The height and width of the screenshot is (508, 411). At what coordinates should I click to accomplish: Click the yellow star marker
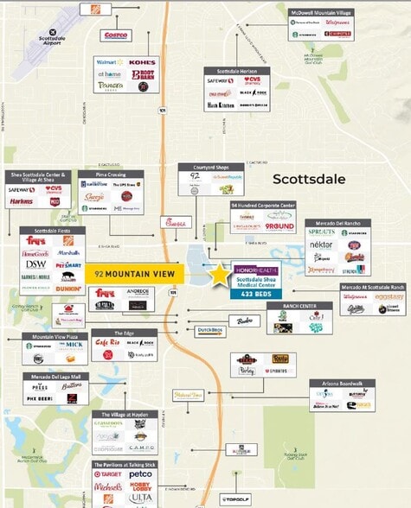click(x=221, y=275)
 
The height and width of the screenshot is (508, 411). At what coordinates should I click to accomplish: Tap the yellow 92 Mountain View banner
click(x=136, y=273)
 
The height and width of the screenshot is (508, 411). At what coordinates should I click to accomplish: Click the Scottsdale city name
click(x=309, y=180)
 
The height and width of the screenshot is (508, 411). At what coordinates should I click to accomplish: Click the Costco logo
click(x=116, y=35)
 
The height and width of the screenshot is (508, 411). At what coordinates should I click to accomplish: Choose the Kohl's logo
click(x=144, y=63)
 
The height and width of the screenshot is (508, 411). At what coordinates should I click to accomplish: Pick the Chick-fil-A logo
click(x=177, y=222)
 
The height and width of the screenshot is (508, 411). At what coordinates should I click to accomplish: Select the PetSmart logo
click(x=69, y=266)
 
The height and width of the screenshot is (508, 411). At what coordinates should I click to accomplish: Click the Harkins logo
click(x=21, y=201)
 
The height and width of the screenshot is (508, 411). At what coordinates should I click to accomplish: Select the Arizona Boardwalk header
click(x=343, y=383)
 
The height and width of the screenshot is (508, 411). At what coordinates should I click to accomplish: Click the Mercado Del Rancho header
click(x=337, y=222)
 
